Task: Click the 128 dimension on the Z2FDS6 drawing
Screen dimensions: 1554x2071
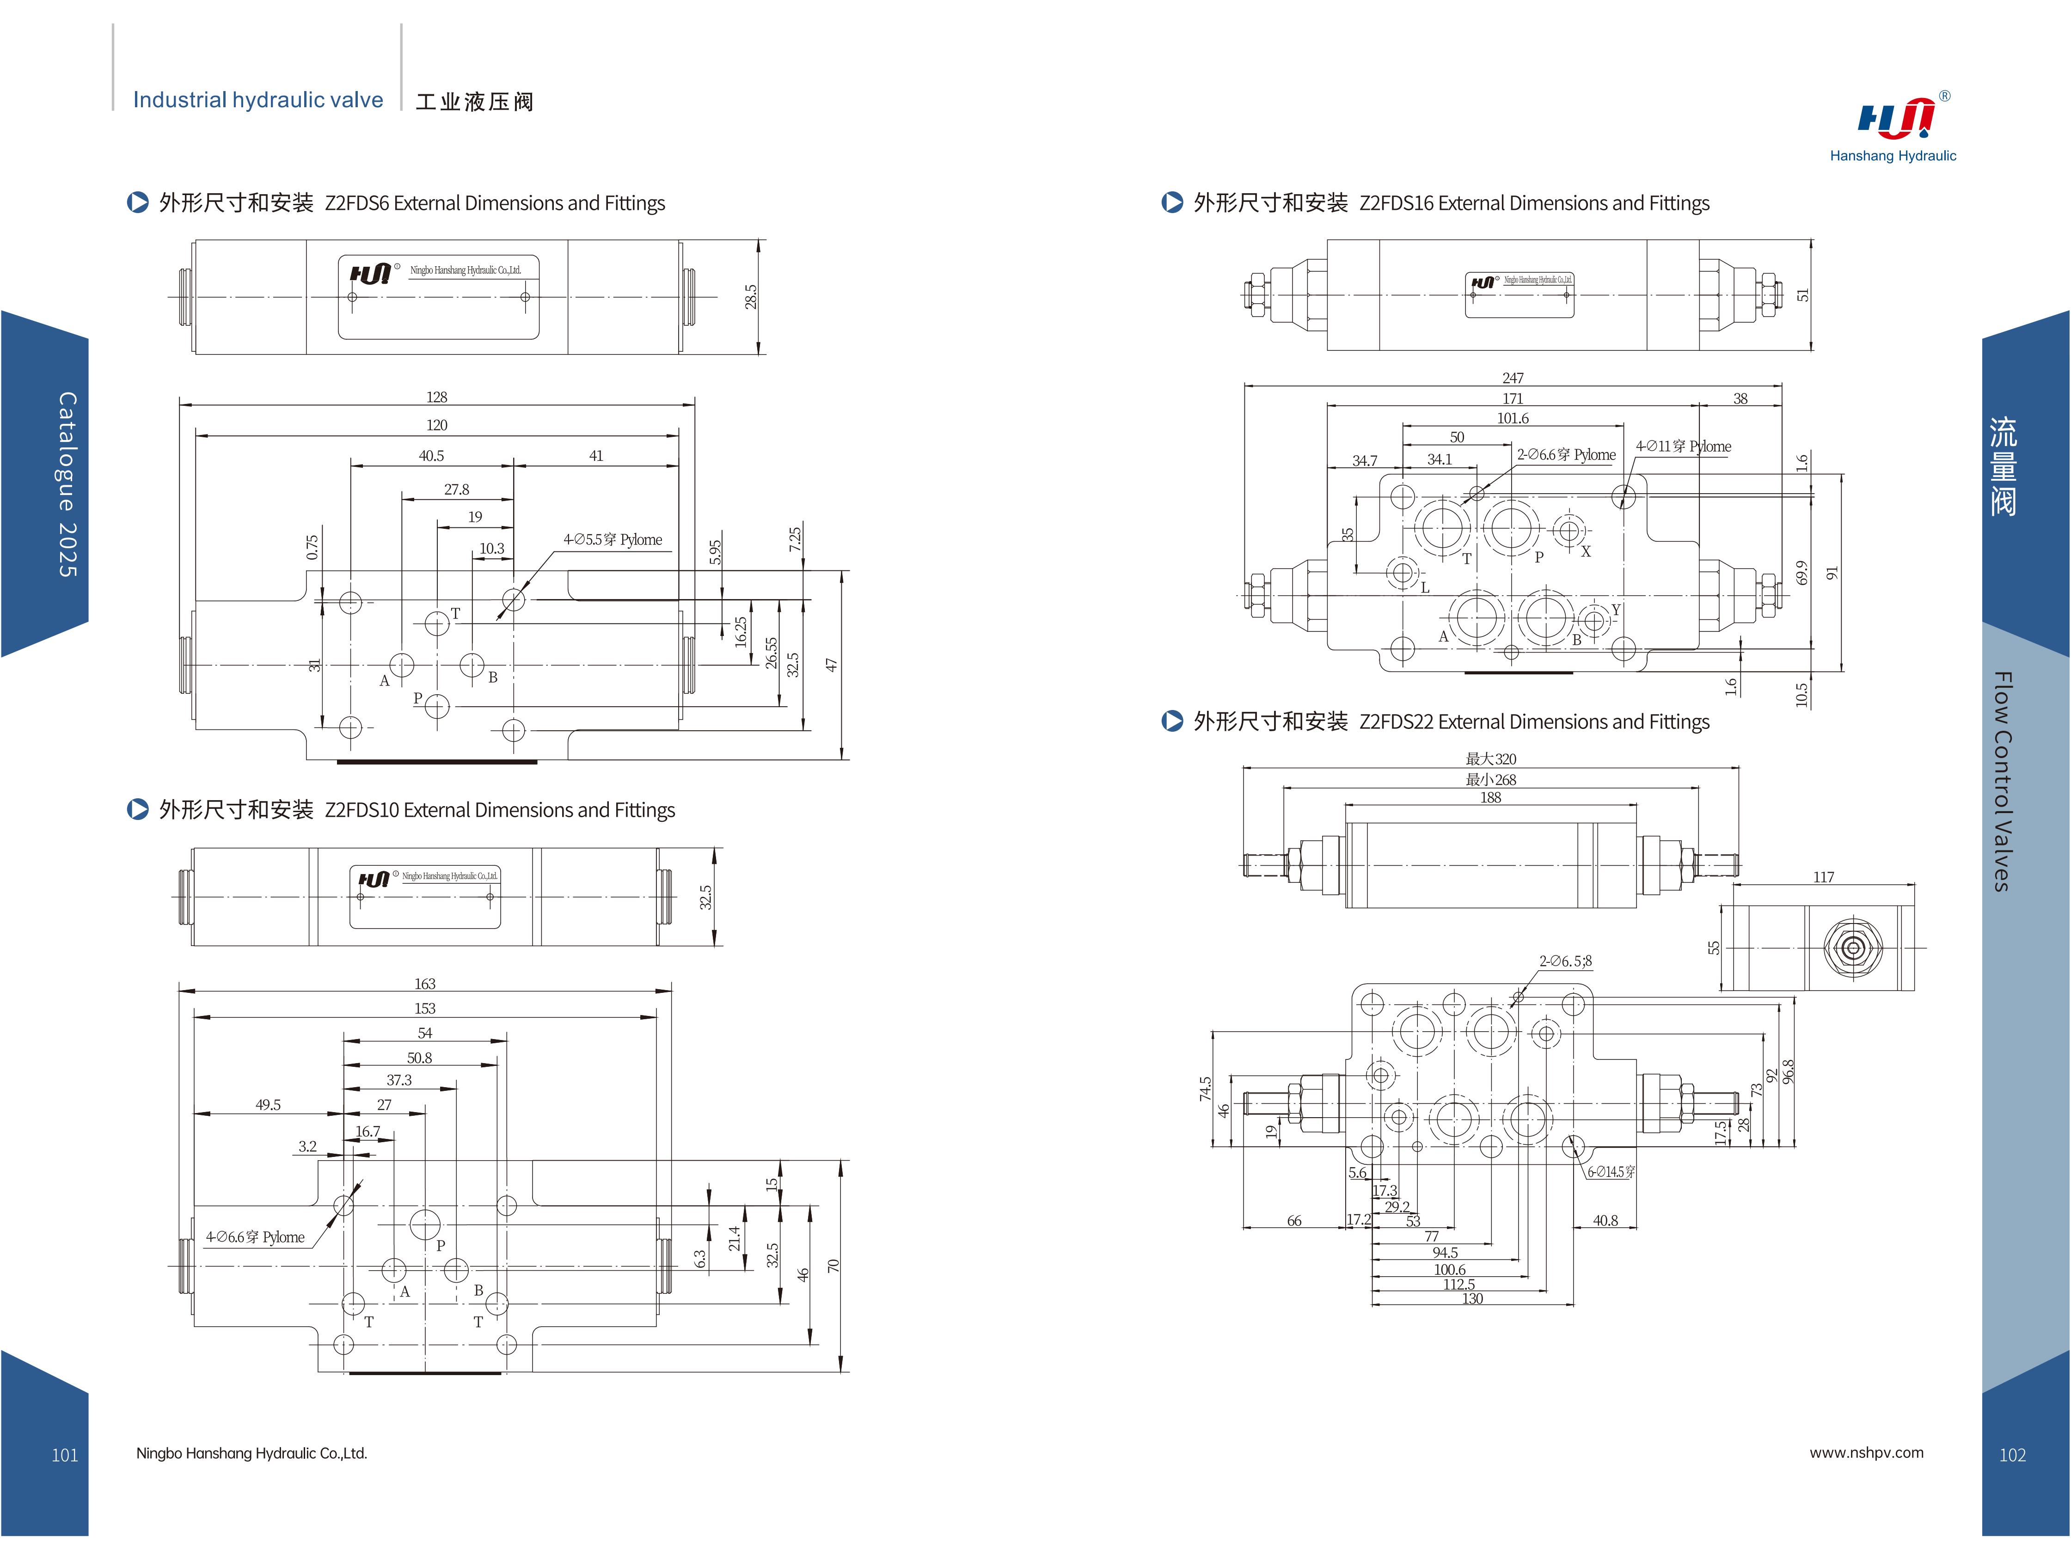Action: (x=436, y=397)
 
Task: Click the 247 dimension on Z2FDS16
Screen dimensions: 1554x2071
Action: (x=1513, y=378)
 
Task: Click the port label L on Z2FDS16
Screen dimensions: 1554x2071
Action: (x=1425, y=588)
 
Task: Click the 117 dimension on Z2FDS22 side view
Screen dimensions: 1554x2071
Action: (x=1823, y=877)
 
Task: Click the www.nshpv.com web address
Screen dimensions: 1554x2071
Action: (x=1866, y=1453)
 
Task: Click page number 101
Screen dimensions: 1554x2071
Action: (x=65, y=1455)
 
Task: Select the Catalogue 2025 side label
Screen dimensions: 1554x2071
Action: (x=67, y=484)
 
